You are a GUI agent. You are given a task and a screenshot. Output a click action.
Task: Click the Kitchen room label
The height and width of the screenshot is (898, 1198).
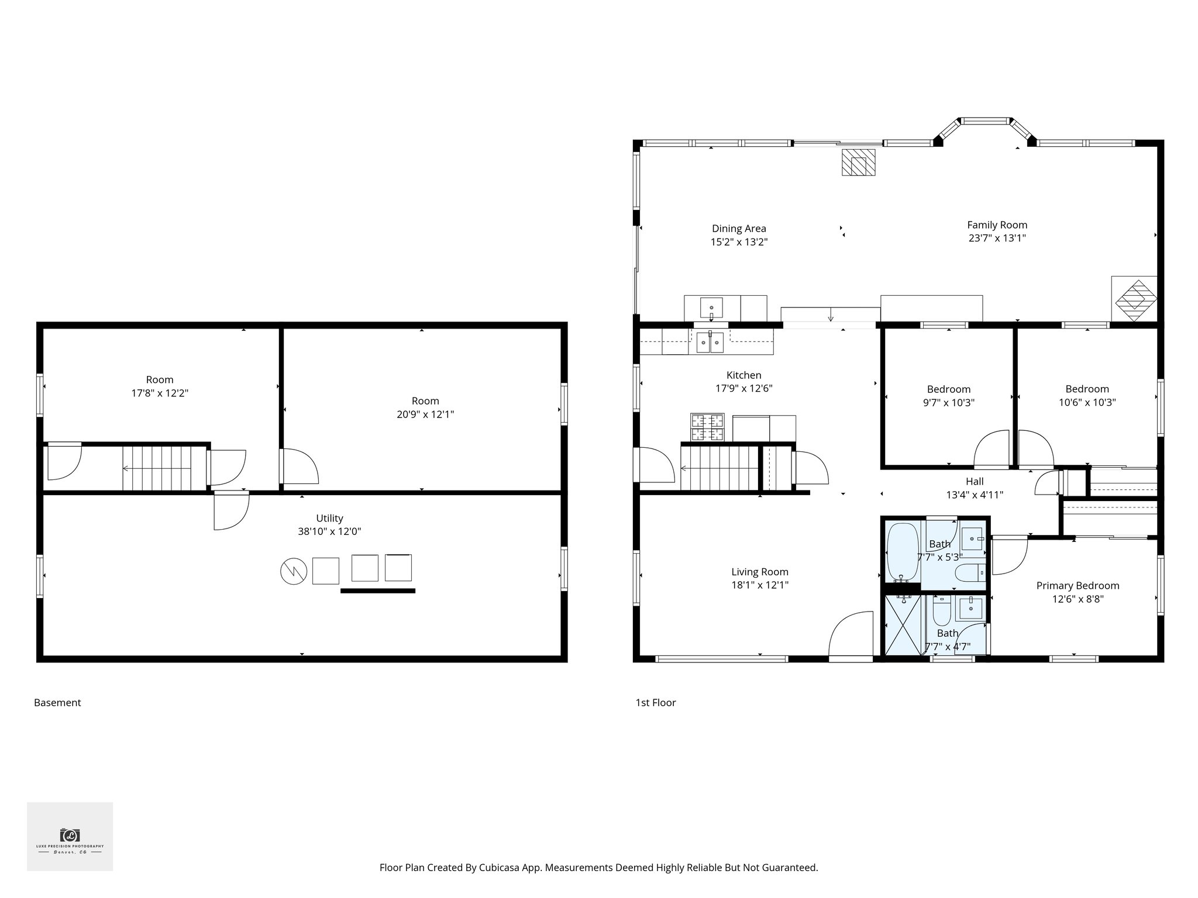click(743, 375)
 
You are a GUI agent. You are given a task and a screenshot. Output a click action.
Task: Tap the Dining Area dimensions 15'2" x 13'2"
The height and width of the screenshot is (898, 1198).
click(739, 242)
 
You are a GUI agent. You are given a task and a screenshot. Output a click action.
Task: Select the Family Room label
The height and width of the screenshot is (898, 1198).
click(997, 225)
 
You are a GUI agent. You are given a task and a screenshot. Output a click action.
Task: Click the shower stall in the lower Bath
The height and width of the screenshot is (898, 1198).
click(903, 625)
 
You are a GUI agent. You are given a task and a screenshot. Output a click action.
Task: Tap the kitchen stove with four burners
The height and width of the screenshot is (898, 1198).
click(707, 427)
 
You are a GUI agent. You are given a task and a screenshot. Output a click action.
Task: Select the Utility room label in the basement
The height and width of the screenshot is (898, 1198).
click(329, 518)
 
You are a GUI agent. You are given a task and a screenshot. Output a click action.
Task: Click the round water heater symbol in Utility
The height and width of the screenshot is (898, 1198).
click(294, 571)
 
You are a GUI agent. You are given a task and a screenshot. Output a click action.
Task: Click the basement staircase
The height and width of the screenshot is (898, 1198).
click(157, 468)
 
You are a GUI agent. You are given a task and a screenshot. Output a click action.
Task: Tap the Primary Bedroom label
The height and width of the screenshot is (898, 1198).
click(1077, 586)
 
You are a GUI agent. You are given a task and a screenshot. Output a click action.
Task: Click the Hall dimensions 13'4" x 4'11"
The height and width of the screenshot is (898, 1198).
click(975, 495)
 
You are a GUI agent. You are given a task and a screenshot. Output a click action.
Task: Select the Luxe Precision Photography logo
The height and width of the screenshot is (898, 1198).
click(70, 837)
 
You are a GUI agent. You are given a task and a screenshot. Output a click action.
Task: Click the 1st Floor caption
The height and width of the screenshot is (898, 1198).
click(655, 703)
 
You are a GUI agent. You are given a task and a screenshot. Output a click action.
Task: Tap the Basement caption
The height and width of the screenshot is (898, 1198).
click(57, 703)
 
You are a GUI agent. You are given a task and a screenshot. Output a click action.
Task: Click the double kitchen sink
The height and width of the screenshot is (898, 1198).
click(710, 342)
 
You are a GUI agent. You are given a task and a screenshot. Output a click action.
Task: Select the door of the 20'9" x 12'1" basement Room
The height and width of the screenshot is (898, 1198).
click(300, 466)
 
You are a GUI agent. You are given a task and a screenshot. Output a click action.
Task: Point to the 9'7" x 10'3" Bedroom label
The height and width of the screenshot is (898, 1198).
click(948, 389)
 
